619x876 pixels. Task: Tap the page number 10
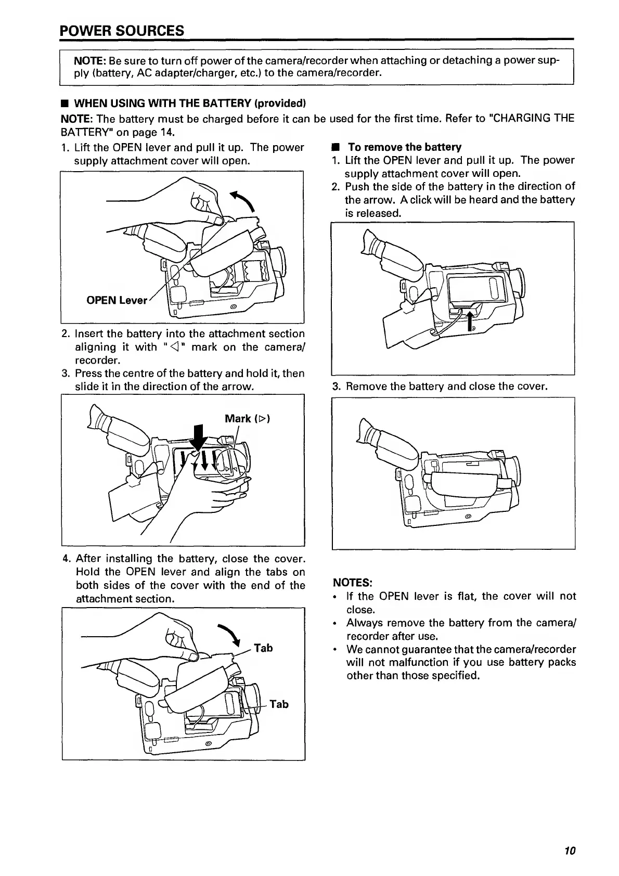pos(570,851)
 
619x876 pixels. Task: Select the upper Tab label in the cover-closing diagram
pos(263,648)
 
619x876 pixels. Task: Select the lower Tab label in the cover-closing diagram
pos(279,704)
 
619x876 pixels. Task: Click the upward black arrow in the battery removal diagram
pos(471,320)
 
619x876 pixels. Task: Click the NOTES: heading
pos(352,582)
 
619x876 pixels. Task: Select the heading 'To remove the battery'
pos(404,147)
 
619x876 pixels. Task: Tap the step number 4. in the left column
pos(67,559)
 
